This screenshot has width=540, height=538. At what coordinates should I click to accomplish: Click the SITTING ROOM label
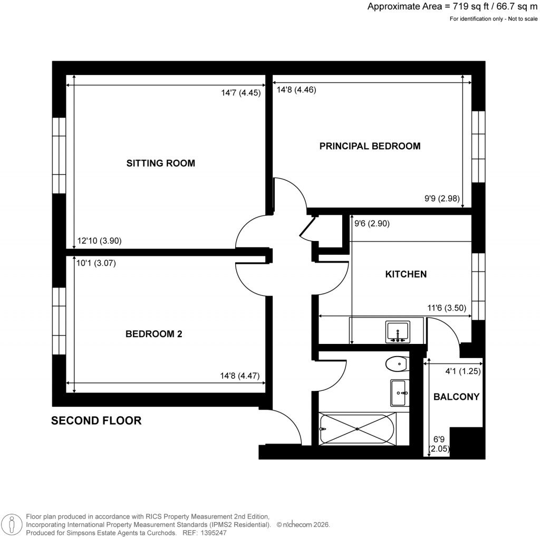(161, 164)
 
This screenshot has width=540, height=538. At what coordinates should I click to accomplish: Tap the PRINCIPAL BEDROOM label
(370, 146)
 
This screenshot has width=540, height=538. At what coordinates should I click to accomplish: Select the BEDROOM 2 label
(153, 334)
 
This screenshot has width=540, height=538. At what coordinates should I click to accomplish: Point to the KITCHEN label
(406, 274)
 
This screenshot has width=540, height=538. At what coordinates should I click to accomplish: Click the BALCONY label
(456, 397)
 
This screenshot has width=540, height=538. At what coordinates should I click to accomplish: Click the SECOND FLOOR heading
(96, 421)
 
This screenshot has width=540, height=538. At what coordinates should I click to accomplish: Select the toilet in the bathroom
(396, 363)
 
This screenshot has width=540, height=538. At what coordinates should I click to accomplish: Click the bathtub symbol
(357, 428)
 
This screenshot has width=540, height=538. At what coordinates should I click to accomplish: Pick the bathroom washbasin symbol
(398, 393)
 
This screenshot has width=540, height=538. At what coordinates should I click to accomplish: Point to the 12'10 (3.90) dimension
(100, 241)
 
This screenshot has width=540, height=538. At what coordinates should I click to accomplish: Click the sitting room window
(59, 155)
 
